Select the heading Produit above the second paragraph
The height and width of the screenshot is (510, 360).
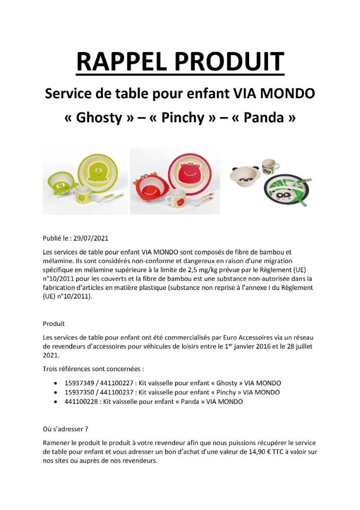(x=54, y=324)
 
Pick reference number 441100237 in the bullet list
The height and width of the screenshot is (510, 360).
(x=117, y=392)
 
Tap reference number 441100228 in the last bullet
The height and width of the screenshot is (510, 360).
(x=81, y=402)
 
